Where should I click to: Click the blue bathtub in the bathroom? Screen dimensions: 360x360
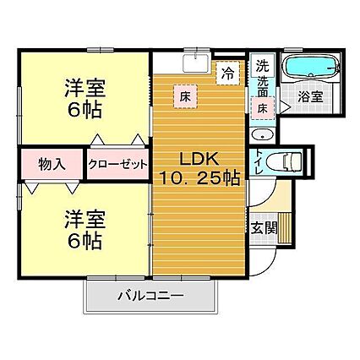(x=312, y=67)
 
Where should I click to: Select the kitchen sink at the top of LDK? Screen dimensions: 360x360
(x=196, y=63)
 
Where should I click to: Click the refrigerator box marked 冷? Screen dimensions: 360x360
(x=227, y=73)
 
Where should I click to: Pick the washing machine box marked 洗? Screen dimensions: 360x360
(x=262, y=65)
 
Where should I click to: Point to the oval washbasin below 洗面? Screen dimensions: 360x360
(x=263, y=135)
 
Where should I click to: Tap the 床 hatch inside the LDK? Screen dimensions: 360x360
(x=185, y=97)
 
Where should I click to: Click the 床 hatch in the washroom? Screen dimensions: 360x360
(x=263, y=109)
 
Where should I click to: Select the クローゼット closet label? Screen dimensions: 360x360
(x=117, y=164)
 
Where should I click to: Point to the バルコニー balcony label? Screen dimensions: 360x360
(x=150, y=296)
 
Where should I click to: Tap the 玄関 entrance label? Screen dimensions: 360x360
(x=264, y=227)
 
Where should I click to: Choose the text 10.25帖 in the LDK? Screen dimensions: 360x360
(x=199, y=178)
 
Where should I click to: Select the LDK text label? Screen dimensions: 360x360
(x=199, y=160)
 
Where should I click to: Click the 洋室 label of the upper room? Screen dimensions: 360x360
(x=85, y=88)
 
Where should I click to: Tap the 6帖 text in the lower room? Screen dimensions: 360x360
(x=85, y=242)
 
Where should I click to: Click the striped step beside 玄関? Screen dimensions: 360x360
(x=285, y=228)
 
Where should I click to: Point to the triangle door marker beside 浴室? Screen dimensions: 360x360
(x=285, y=106)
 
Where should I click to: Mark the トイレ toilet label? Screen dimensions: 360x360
(x=259, y=162)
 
